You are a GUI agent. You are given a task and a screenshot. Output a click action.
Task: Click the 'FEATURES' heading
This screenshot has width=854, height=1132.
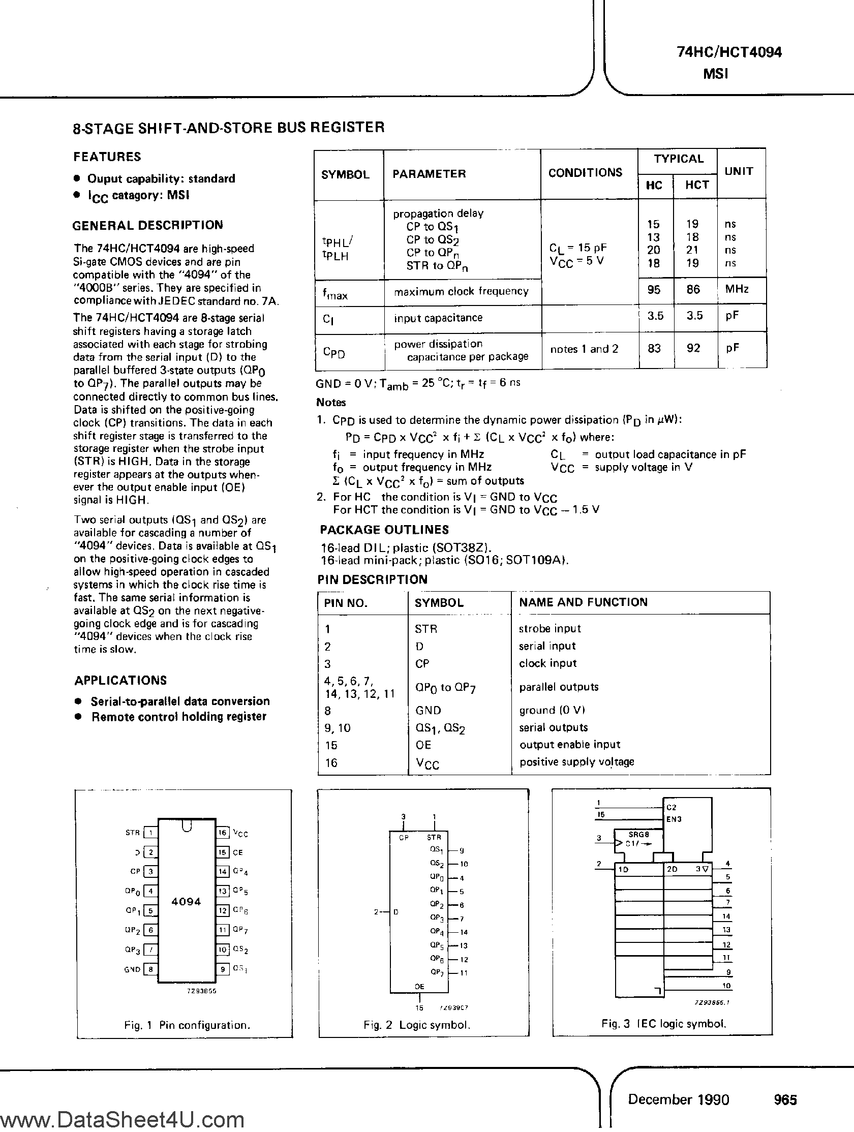(x=107, y=157)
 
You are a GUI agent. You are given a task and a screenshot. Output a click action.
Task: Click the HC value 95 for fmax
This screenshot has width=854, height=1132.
(x=654, y=290)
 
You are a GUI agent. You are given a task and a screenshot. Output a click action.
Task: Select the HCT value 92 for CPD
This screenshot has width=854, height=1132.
(x=693, y=349)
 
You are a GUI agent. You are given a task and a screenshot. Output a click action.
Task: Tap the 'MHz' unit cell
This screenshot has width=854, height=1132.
(x=737, y=289)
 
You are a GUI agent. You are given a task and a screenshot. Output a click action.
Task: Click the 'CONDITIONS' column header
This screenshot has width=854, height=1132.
(x=585, y=172)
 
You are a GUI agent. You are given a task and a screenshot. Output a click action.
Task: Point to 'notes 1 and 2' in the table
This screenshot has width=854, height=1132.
(x=584, y=349)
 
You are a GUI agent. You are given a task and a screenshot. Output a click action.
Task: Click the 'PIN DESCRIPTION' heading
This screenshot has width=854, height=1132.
(x=372, y=579)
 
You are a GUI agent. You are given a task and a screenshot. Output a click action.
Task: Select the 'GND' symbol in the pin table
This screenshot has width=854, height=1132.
(x=429, y=710)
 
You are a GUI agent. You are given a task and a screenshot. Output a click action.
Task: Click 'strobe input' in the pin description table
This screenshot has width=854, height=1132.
(x=550, y=628)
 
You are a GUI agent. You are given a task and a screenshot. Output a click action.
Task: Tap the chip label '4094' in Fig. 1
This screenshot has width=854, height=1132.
(x=186, y=901)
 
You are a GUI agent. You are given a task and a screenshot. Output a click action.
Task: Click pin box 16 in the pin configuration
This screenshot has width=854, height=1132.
(x=222, y=833)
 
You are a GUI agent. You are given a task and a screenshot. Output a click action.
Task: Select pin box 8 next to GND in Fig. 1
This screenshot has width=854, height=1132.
(x=150, y=969)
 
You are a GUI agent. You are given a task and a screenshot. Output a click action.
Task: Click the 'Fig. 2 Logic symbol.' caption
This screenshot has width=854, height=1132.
(x=416, y=1025)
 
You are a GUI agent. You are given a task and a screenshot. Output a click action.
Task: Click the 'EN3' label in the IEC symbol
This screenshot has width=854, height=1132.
(x=674, y=819)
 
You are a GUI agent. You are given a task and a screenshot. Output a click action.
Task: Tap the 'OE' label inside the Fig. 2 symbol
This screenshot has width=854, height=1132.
(x=419, y=986)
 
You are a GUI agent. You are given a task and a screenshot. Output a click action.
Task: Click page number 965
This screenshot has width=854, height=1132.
(x=785, y=1100)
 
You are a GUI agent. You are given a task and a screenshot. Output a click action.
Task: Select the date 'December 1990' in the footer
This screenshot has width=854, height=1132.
(x=679, y=1099)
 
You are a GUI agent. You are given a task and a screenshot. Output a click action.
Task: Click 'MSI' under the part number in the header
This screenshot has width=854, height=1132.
(x=715, y=74)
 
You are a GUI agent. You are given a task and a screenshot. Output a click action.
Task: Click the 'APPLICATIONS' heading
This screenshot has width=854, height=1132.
(x=121, y=680)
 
